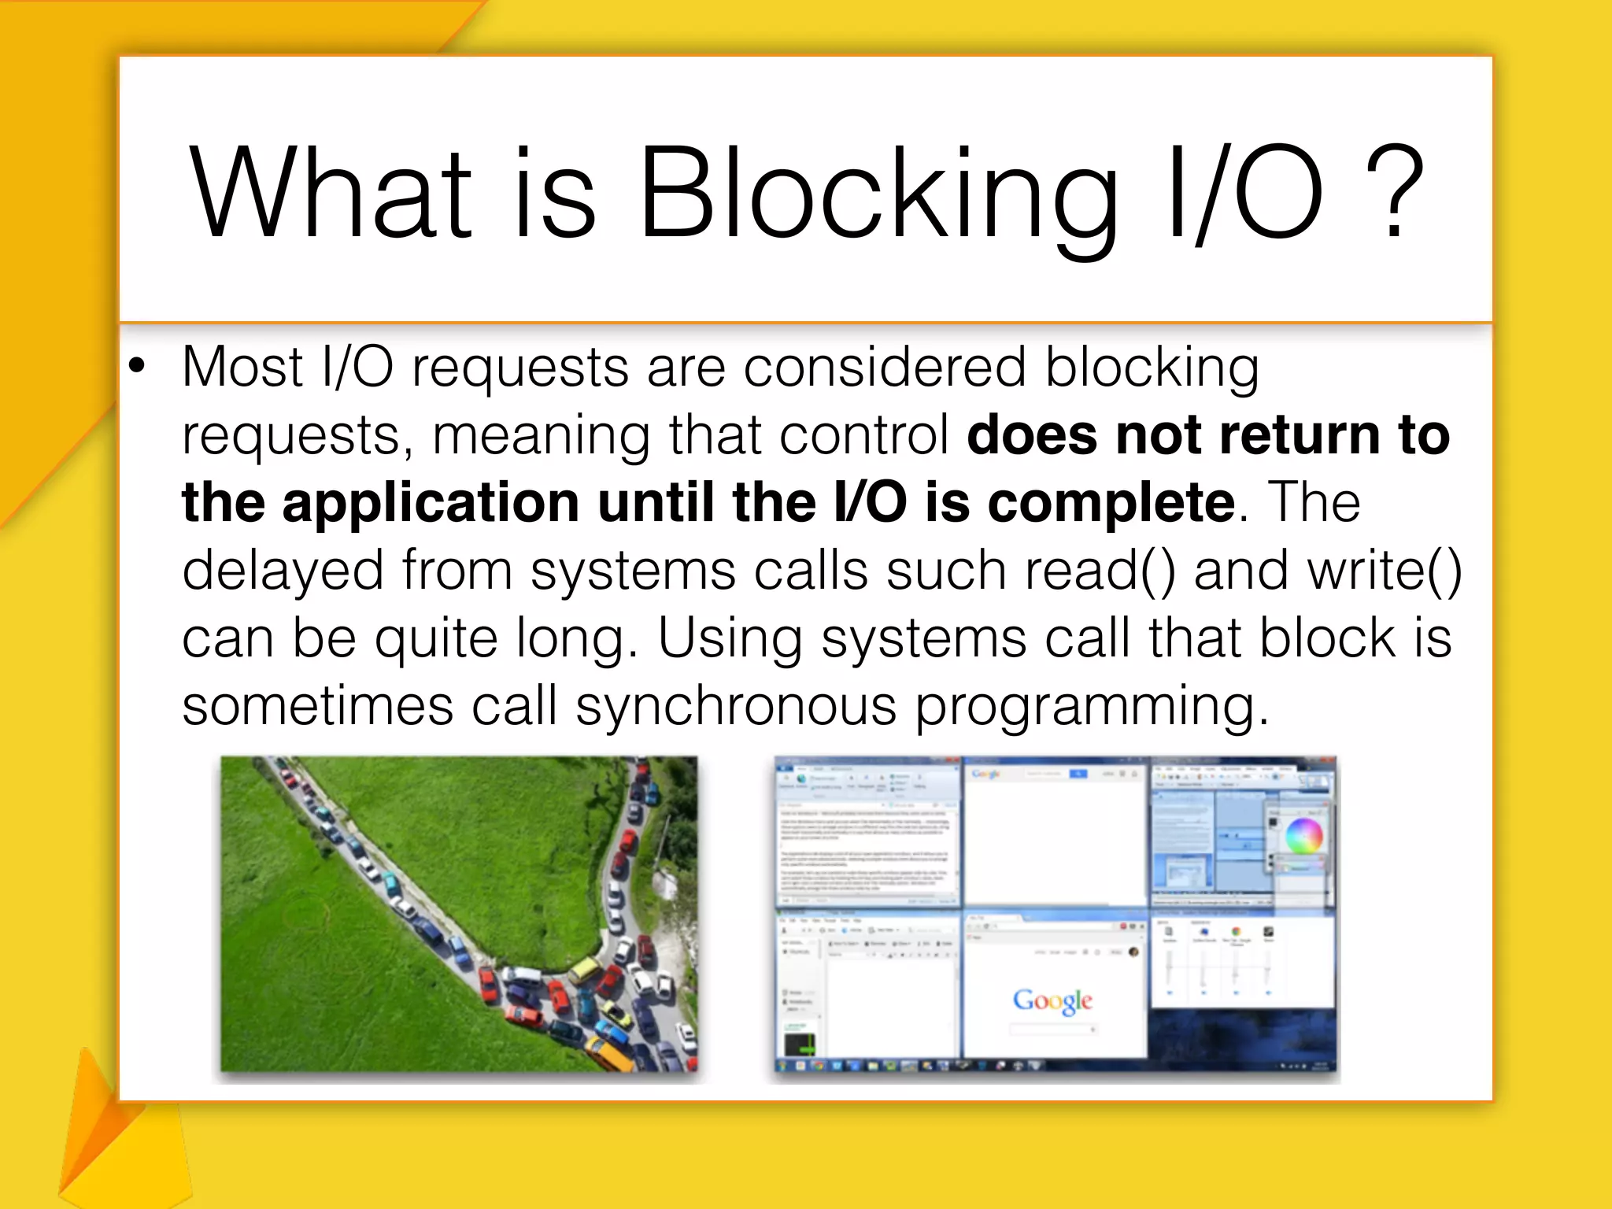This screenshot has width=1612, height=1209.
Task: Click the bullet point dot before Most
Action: tap(138, 366)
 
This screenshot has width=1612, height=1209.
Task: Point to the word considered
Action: tap(885, 368)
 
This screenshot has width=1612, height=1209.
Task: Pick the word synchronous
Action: tap(736, 706)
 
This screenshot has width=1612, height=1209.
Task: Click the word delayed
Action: tap(282, 571)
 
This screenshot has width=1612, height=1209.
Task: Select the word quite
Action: tap(436, 639)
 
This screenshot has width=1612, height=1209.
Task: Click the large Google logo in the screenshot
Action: tap(1052, 1000)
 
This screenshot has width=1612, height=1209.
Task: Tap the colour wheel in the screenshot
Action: tap(1304, 835)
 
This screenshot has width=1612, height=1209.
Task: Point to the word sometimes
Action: tap(317, 706)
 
